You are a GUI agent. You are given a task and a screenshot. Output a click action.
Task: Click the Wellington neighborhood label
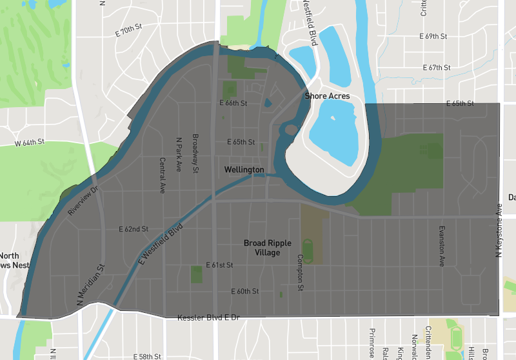pyautogui.click(x=244, y=170)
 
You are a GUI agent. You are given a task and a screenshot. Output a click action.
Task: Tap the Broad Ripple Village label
pyautogui.click(x=267, y=248)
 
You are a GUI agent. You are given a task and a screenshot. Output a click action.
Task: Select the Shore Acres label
pyautogui.click(x=327, y=96)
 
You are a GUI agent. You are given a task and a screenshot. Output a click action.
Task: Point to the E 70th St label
pyautogui.click(x=128, y=30)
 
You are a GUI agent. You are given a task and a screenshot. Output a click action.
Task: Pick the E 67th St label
pyautogui.click(x=436, y=68)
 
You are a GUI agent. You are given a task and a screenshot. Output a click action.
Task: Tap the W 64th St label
pyautogui.click(x=30, y=141)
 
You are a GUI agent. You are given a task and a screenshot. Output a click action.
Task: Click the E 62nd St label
pyautogui.click(x=134, y=229)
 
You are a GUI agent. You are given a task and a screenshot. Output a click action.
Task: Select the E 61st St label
pyautogui.click(x=219, y=265)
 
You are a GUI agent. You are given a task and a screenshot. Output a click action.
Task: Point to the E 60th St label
pyautogui.click(x=245, y=292)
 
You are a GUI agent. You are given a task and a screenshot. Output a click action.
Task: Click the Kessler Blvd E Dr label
pyautogui.click(x=208, y=318)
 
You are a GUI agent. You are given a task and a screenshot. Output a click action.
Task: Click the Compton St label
pyautogui.click(x=300, y=272)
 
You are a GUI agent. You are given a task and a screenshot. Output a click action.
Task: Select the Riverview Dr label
pyautogui.click(x=84, y=201)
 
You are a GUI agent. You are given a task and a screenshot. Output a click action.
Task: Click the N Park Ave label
pyautogui.click(x=179, y=154)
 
